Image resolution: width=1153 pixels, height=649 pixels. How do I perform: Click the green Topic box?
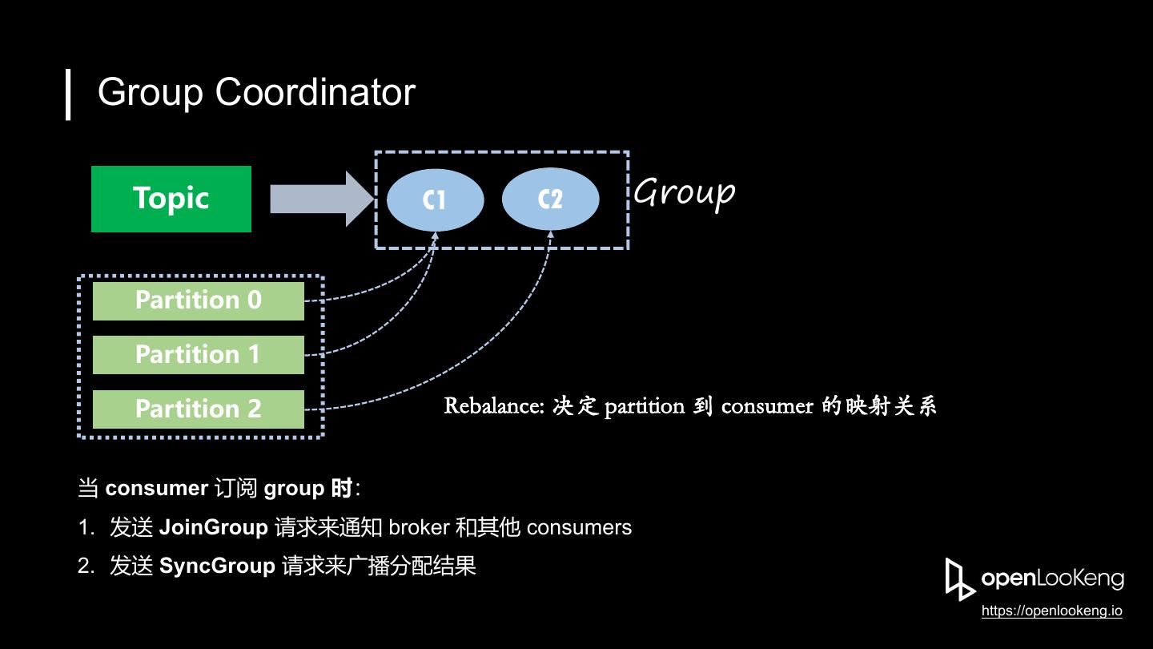(171, 199)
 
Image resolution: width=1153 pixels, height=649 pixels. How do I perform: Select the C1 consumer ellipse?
(435, 200)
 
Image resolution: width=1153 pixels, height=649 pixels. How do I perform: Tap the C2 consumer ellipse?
(550, 200)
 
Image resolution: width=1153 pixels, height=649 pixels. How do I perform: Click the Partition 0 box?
(198, 300)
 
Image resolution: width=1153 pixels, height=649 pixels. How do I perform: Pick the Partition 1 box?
(198, 354)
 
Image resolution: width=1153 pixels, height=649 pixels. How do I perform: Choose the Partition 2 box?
(198, 409)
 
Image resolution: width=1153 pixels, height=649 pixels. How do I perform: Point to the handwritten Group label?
(684, 193)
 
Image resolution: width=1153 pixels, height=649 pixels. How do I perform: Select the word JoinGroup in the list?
(213, 527)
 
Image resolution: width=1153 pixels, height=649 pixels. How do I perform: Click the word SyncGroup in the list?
(217, 566)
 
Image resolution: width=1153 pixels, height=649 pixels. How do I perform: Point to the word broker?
(418, 527)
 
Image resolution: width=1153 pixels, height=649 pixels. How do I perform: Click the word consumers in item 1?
(579, 527)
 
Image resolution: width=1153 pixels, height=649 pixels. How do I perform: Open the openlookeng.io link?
(1051, 611)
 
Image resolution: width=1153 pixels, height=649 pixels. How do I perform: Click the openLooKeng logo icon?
(959, 578)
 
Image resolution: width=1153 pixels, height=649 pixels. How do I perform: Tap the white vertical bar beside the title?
(69, 94)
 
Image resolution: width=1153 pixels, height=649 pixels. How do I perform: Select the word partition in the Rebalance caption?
(644, 406)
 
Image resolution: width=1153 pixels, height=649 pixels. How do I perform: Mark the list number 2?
(86, 566)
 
